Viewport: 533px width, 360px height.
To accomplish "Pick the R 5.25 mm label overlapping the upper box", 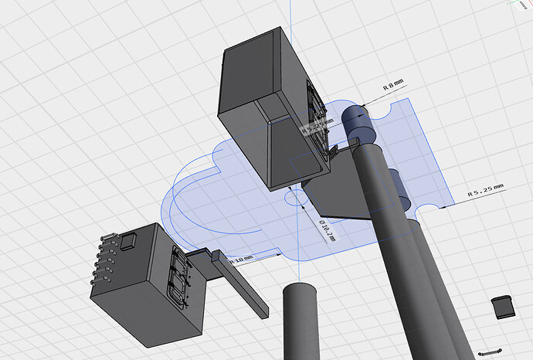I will (x=317, y=125).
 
